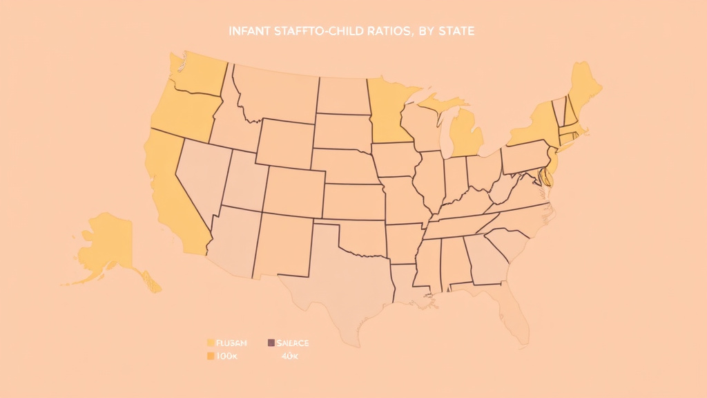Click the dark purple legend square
(x=271, y=343)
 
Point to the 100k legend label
(x=227, y=357)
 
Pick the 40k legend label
(x=291, y=357)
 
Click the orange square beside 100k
(x=210, y=357)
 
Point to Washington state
(x=197, y=73)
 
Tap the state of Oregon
(x=183, y=111)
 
